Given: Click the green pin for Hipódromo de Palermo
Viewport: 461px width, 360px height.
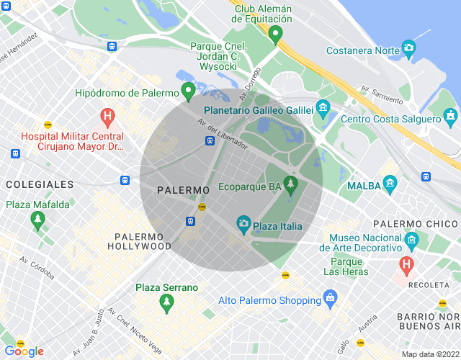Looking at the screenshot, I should click(188, 91).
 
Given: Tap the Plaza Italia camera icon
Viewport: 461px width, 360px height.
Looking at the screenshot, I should click(243, 225).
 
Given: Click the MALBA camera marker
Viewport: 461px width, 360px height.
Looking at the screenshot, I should click(390, 184).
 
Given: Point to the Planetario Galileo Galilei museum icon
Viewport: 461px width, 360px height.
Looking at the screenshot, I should click(323, 109).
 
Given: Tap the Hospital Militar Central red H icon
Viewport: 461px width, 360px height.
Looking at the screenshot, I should click(107, 116).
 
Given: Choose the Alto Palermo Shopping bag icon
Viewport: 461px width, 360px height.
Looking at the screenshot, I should click(330, 297).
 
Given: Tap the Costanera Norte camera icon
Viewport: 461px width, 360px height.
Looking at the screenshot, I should click(409, 49).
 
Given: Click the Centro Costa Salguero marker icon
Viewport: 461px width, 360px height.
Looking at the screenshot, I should click(451, 115).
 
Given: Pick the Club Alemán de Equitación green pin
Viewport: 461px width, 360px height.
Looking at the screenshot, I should click(274, 34).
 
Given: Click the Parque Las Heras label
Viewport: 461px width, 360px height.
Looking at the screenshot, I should click(346, 266).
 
